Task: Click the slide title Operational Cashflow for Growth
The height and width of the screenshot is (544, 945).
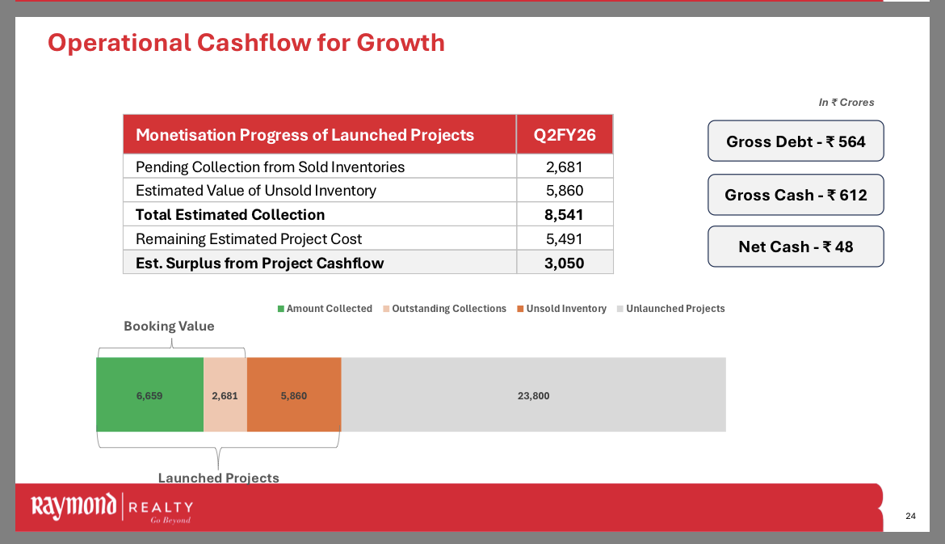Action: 246,43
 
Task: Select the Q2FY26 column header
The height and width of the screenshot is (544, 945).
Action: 565,135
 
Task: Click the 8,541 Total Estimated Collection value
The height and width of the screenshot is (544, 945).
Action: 565,215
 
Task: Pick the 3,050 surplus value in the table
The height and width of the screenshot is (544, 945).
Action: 565,263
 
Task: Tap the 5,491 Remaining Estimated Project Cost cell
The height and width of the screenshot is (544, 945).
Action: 565,239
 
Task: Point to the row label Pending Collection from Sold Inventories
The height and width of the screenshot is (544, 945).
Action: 270,167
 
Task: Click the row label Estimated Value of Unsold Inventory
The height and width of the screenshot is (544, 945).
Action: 256,192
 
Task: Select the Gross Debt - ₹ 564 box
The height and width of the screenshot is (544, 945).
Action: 796,141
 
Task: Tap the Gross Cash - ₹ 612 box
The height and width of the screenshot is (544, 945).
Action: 796,195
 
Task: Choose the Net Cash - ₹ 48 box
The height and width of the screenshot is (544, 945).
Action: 796,247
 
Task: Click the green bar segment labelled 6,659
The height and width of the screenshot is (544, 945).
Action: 149,395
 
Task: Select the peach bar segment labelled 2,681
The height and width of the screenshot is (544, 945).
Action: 225,395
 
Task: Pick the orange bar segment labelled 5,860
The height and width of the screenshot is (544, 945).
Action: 294,395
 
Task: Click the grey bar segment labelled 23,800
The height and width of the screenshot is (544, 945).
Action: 533,395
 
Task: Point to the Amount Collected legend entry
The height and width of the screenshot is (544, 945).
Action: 325,309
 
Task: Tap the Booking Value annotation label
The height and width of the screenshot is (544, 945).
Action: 169,327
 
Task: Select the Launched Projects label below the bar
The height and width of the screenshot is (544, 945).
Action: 218,478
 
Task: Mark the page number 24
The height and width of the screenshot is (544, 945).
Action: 911,517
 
